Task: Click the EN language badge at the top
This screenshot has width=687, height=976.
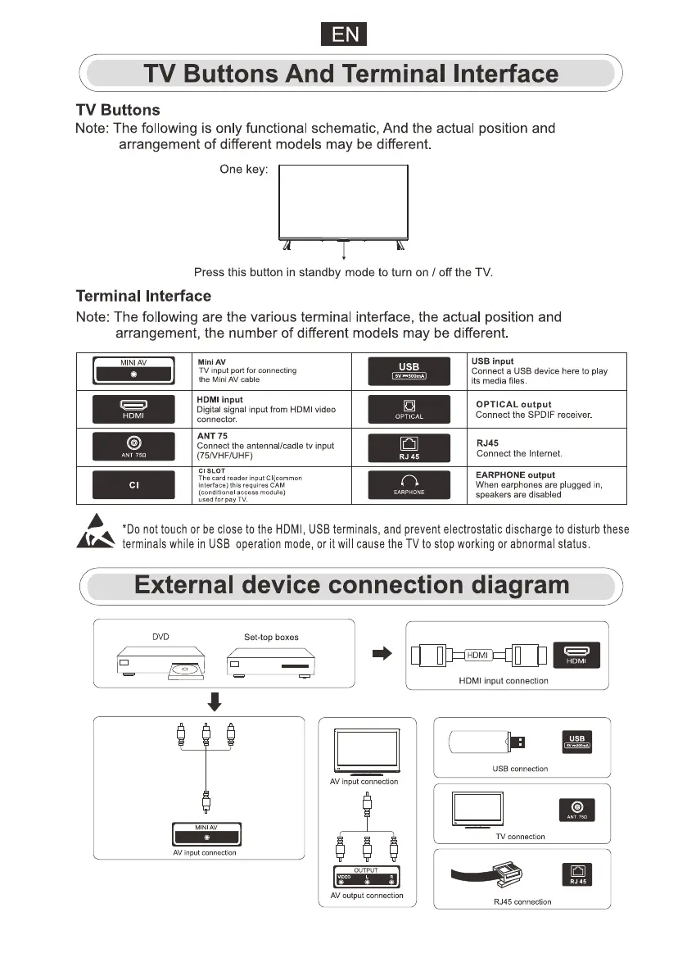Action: click(x=343, y=35)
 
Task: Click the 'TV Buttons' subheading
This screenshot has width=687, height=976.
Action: click(x=117, y=110)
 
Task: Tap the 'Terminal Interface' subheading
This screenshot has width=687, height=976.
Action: click(x=143, y=296)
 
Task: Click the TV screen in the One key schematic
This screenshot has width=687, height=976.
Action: click(x=343, y=200)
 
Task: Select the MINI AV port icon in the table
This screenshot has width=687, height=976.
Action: click(x=133, y=370)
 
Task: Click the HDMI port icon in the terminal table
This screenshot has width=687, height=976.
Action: click(x=133, y=409)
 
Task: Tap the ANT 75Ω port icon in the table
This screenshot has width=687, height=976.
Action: click(x=133, y=447)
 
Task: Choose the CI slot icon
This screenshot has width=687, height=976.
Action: click(x=133, y=485)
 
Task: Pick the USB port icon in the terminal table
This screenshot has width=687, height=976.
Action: click(x=409, y=370)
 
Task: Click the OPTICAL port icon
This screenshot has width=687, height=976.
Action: click(x=409, y=409)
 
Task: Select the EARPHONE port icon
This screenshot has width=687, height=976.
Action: click(x=409, y=485)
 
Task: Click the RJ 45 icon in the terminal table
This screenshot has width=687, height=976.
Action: click(x=409, y=447)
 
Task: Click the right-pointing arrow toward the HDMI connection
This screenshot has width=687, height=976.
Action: click(x=382, y=653)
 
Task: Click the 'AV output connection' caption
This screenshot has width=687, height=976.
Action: click(x=367, y=896)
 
